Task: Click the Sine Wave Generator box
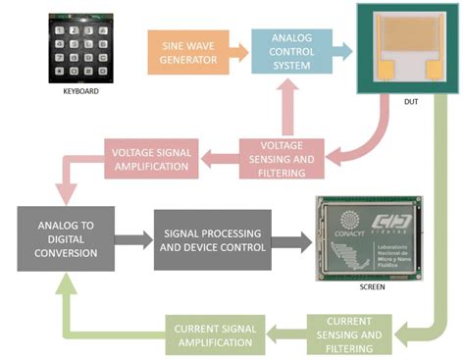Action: tap(188, 51)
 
